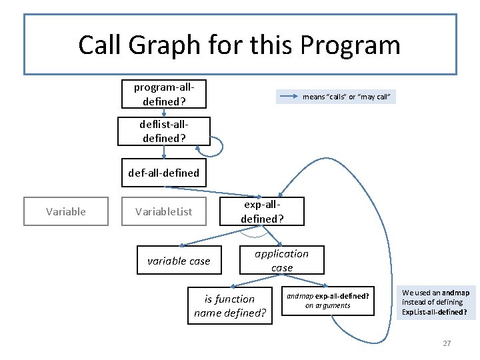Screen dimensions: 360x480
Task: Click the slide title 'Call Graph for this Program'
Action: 239,45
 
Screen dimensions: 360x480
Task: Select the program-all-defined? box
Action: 163,94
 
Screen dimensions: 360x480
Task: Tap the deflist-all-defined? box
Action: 163,131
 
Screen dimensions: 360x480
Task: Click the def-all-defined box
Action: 164,173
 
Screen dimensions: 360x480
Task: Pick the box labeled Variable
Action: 65,211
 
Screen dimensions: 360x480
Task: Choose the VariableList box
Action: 163,211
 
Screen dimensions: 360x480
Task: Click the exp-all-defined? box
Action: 262,211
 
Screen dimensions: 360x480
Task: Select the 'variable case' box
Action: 178,261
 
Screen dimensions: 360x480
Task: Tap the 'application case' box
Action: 281,260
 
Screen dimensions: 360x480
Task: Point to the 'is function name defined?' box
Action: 229,305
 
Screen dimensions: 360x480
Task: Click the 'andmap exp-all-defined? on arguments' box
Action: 328,300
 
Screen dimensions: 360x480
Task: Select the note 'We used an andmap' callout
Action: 435,302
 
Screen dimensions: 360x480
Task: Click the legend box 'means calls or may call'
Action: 338,97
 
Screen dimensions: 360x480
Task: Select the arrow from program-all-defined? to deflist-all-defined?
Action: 163,112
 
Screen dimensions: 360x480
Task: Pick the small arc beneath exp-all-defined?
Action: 255,233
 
